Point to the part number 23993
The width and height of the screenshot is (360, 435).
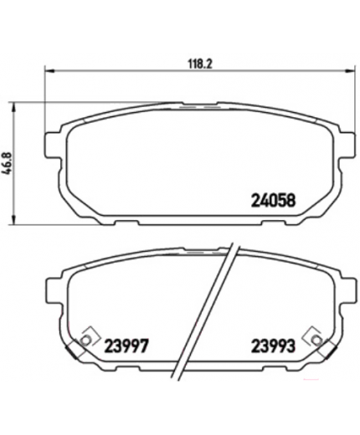[x=273, y=345]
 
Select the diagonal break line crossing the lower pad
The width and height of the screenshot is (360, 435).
[x=207, y=310]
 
